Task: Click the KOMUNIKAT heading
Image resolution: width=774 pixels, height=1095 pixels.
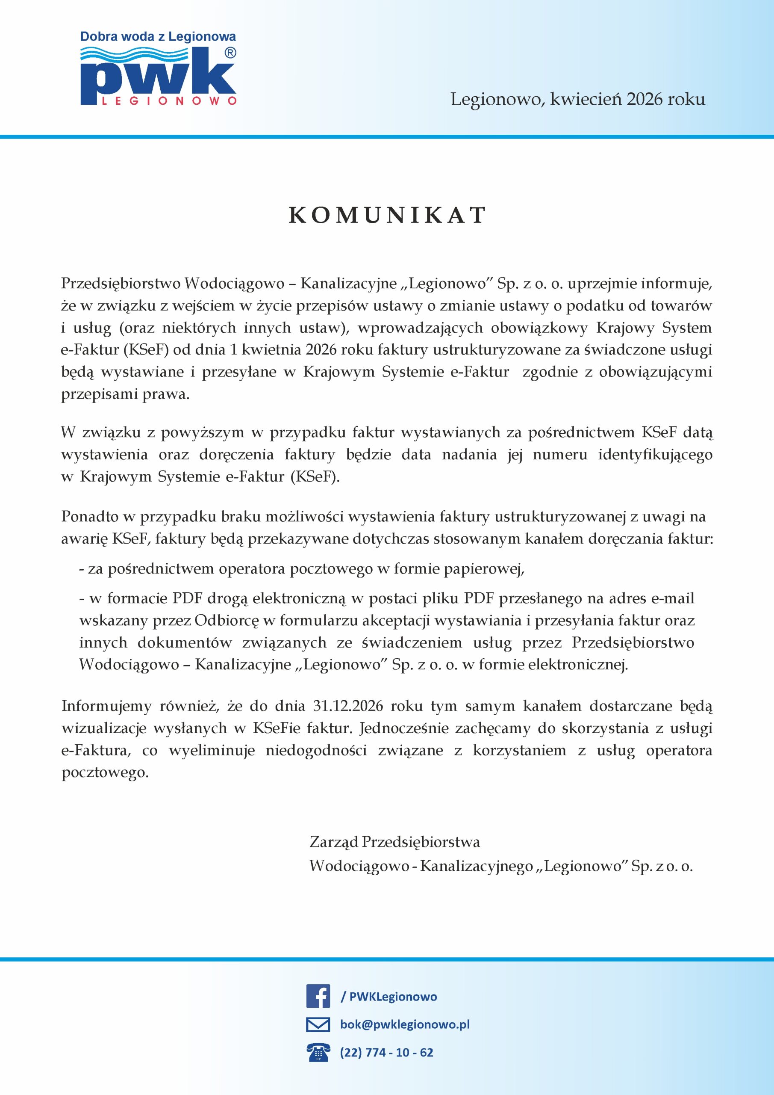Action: coord(387,215)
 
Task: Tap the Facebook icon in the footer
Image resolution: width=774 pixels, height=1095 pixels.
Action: coord(318,996)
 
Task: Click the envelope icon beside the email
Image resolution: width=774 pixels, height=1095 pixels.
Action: coord(318,1024)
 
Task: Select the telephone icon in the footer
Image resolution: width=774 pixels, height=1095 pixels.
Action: coord(318,1052)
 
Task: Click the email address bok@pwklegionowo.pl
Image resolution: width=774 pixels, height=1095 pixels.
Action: coord(405,1024)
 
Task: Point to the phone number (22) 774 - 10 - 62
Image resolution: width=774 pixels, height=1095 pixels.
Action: coord(386,1052)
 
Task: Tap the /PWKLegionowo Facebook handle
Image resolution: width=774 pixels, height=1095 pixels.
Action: coord(388,996)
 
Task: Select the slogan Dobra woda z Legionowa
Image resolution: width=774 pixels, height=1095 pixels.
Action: coord(158,37)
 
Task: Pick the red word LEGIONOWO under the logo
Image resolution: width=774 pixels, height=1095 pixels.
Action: coord(169,101)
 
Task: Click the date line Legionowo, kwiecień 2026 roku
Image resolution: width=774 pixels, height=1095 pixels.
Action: coord(578,99)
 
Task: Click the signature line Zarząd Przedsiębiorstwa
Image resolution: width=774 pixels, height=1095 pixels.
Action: coord(394,842)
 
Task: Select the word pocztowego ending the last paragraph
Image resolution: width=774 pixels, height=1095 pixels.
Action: coord(105,772)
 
